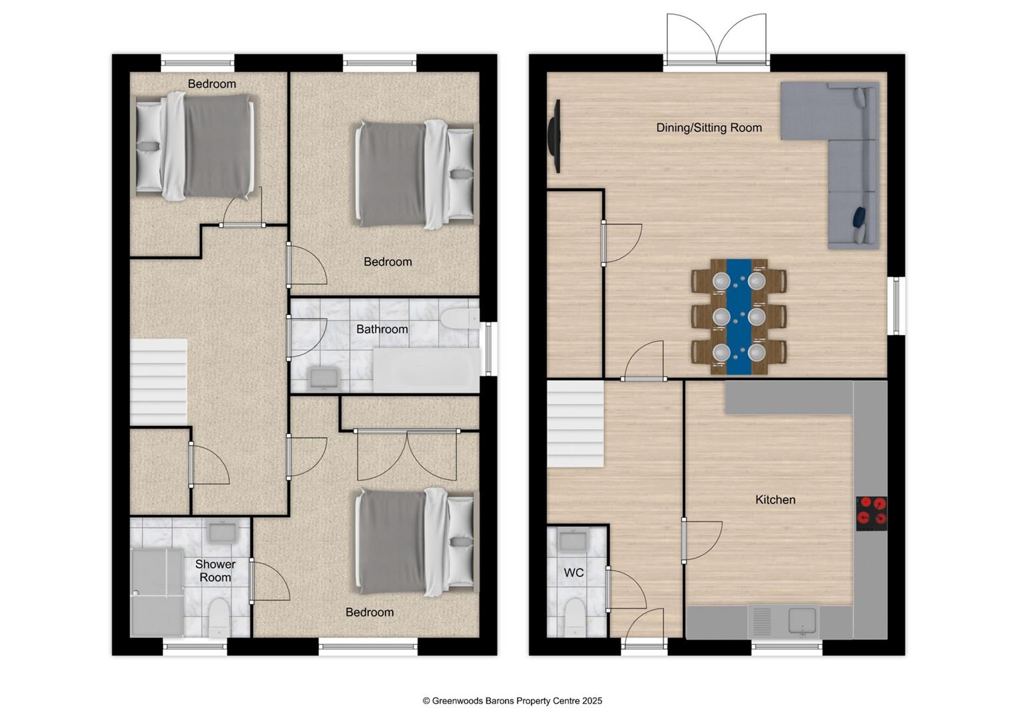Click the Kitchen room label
[x=775, y=500]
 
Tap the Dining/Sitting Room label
[x=709, y=128]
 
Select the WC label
[x=573, y=573]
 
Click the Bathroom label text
[x=382, y=329]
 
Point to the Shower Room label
[x=215, y=571]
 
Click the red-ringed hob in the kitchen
[x=871, y=513]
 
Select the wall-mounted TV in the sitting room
[x=554, y=136]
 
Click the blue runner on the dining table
[x=739, y=317]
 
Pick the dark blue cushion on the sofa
[x=859, y=216]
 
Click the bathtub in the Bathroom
[x=426, y=370]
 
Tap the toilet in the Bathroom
[x=460, y=318]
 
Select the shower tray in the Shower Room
[x=157, y=592]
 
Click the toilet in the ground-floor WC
[x=575, y=617]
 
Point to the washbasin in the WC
[x=573, y=541]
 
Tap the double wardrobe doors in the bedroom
[x=407, y=454]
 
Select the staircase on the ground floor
[x=575, y=424]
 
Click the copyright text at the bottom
[x=512, y=701]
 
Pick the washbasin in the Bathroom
[x=324, y=379]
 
